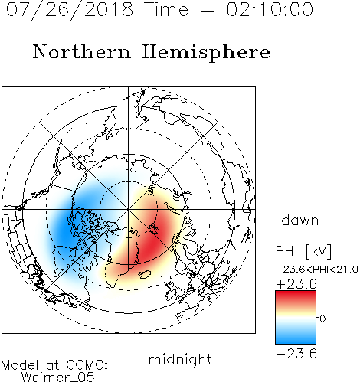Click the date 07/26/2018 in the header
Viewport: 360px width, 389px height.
coord(70,10)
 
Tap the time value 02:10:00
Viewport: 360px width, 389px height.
coord(270,9)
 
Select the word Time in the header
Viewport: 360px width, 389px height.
coord(166,9)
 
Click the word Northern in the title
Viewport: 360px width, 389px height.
coord(82,51)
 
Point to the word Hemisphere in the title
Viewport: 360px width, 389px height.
coord(206,52)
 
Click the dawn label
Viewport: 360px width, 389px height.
coord(300,220)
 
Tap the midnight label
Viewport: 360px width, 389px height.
coord(180,359)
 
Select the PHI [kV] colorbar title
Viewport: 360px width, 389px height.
coord(303,251)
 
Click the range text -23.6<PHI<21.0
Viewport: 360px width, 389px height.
coord(317,270)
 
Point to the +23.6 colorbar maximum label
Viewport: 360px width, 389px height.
coord(296,284)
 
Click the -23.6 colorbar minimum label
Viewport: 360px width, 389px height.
coord(296,354)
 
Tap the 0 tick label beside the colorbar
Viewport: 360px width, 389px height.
coord(322,319)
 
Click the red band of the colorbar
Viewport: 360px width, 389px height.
coord(296,297)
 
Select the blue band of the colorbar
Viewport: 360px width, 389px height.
coord(296,338)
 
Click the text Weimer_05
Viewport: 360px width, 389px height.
coord(58,377)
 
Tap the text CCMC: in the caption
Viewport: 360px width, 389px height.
coord(87,365)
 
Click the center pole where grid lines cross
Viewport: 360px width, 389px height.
coord(129,209)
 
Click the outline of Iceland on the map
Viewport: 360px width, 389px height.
coord(145,274)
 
